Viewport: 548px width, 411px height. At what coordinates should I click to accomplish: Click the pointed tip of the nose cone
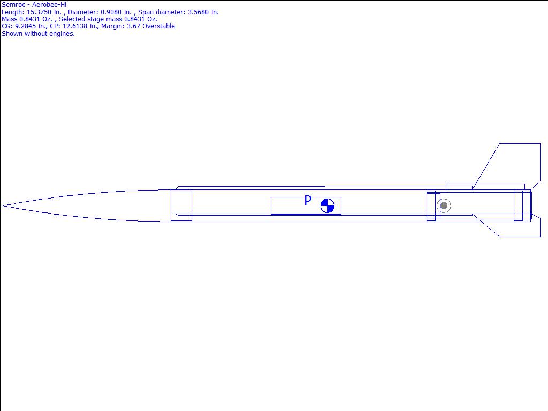coord(3,206)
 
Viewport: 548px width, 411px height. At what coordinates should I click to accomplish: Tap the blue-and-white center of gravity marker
coord(328,206)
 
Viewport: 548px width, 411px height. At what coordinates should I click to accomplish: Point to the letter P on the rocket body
coord(308,201)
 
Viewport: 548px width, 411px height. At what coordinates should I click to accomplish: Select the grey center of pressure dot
coord(444,206)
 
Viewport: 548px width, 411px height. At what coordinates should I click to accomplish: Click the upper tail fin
coord(510,164)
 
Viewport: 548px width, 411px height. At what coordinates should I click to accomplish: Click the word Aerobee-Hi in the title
coord(49,5)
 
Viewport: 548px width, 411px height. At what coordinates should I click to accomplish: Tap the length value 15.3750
coord(39,12)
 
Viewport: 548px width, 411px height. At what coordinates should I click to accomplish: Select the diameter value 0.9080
coord(111,12)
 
